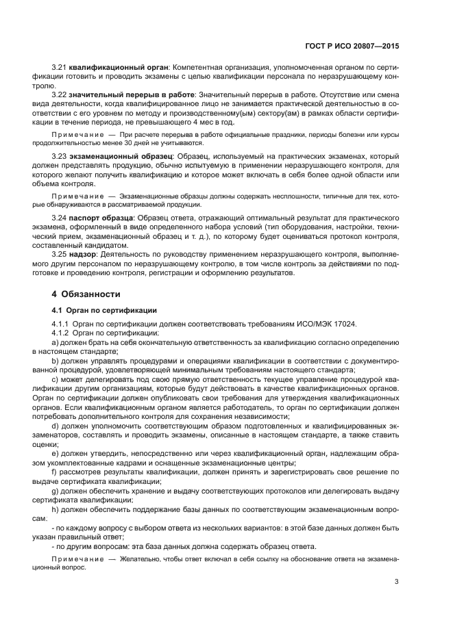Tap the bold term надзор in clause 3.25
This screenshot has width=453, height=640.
coord(81,254)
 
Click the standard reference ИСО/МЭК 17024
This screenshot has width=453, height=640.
coord(323,323)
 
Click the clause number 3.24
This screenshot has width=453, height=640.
coord(59,218)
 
